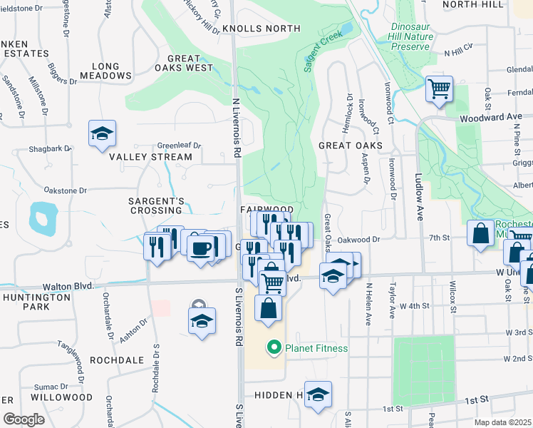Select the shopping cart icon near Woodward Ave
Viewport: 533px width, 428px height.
click(x=439, y=90)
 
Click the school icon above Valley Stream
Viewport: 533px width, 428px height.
click(x=103, y=133)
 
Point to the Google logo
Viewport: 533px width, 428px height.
click(x=24, y=419)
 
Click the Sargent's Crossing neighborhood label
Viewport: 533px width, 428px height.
click(x=155, y=205)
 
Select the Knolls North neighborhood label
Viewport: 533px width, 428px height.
click(x=261, y=29)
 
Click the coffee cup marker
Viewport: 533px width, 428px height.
click(x=202, y=248)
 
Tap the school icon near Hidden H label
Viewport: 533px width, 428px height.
click(x=318, y=394)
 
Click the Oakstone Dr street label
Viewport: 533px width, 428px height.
click(x=65, y=190)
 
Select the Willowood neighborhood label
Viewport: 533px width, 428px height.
click(x=62, y=397)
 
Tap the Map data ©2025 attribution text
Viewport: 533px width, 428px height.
click(x=502, y=422)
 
